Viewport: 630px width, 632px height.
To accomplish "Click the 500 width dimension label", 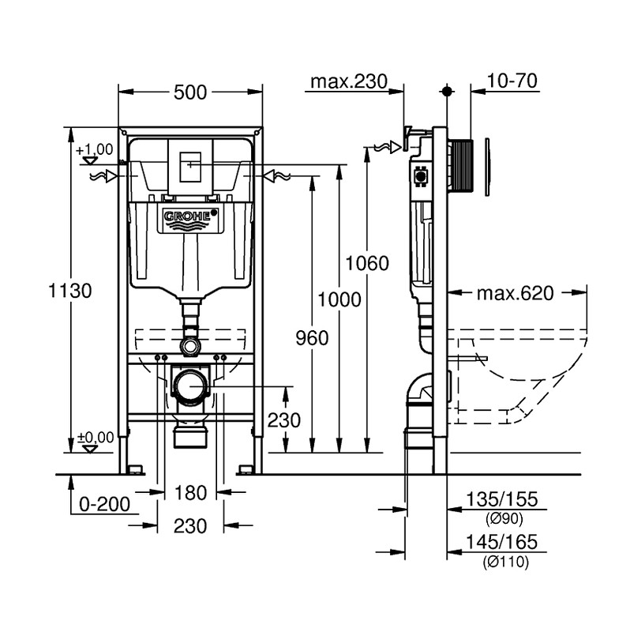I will point(190,92).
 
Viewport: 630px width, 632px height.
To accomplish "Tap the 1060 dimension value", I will point(368,264).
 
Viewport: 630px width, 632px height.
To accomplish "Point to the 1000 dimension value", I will point(339,299).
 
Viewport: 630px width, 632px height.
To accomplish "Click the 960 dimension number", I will point(312,338).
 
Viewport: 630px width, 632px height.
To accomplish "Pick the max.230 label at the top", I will point(348,81).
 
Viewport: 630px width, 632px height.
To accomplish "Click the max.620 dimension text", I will point(515,294).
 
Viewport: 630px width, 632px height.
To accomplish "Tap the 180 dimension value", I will point(189,494).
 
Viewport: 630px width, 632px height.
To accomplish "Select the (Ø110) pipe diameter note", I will point(504,562).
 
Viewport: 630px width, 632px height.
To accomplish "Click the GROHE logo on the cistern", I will point(189,216).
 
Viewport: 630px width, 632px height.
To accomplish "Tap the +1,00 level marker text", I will point(95,149).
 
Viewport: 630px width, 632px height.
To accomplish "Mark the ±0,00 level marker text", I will point(95,436).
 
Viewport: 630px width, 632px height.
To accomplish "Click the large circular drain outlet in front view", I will point(190,386).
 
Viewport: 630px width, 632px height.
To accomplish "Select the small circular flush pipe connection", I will point(189,345).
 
